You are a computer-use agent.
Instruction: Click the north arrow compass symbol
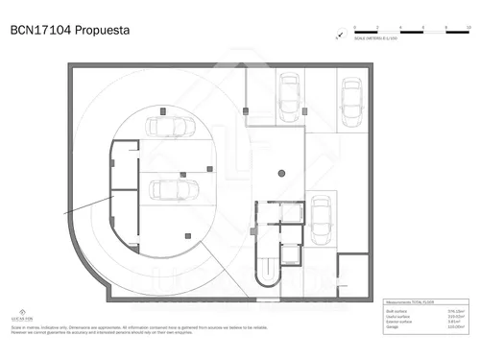pos(339,36)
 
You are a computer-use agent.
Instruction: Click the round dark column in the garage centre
pos(281,174)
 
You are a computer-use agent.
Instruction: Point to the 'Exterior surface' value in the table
pos(456,322)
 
